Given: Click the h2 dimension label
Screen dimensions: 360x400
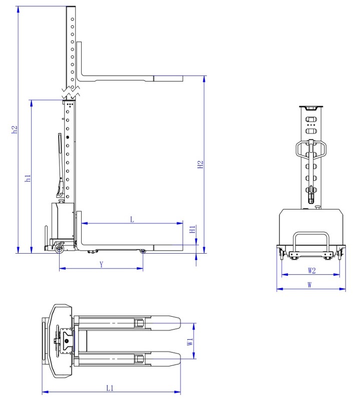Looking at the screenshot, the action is (15, 129).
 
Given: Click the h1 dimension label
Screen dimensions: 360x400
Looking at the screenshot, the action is (28, 178).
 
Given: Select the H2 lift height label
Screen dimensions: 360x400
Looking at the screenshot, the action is (200, 164).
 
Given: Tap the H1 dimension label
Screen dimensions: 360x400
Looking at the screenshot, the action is (193, 229).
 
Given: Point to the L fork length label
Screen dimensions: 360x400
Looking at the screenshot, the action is (132, 220).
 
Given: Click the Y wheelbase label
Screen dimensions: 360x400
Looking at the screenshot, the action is (102, 264).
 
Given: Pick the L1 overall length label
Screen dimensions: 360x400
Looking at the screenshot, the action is (110, 388).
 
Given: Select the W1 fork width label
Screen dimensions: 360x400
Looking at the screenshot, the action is (190, 342).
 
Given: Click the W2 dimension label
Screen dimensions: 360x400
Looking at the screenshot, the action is (311, 270).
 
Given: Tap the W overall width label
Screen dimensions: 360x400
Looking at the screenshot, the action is (309, 285).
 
